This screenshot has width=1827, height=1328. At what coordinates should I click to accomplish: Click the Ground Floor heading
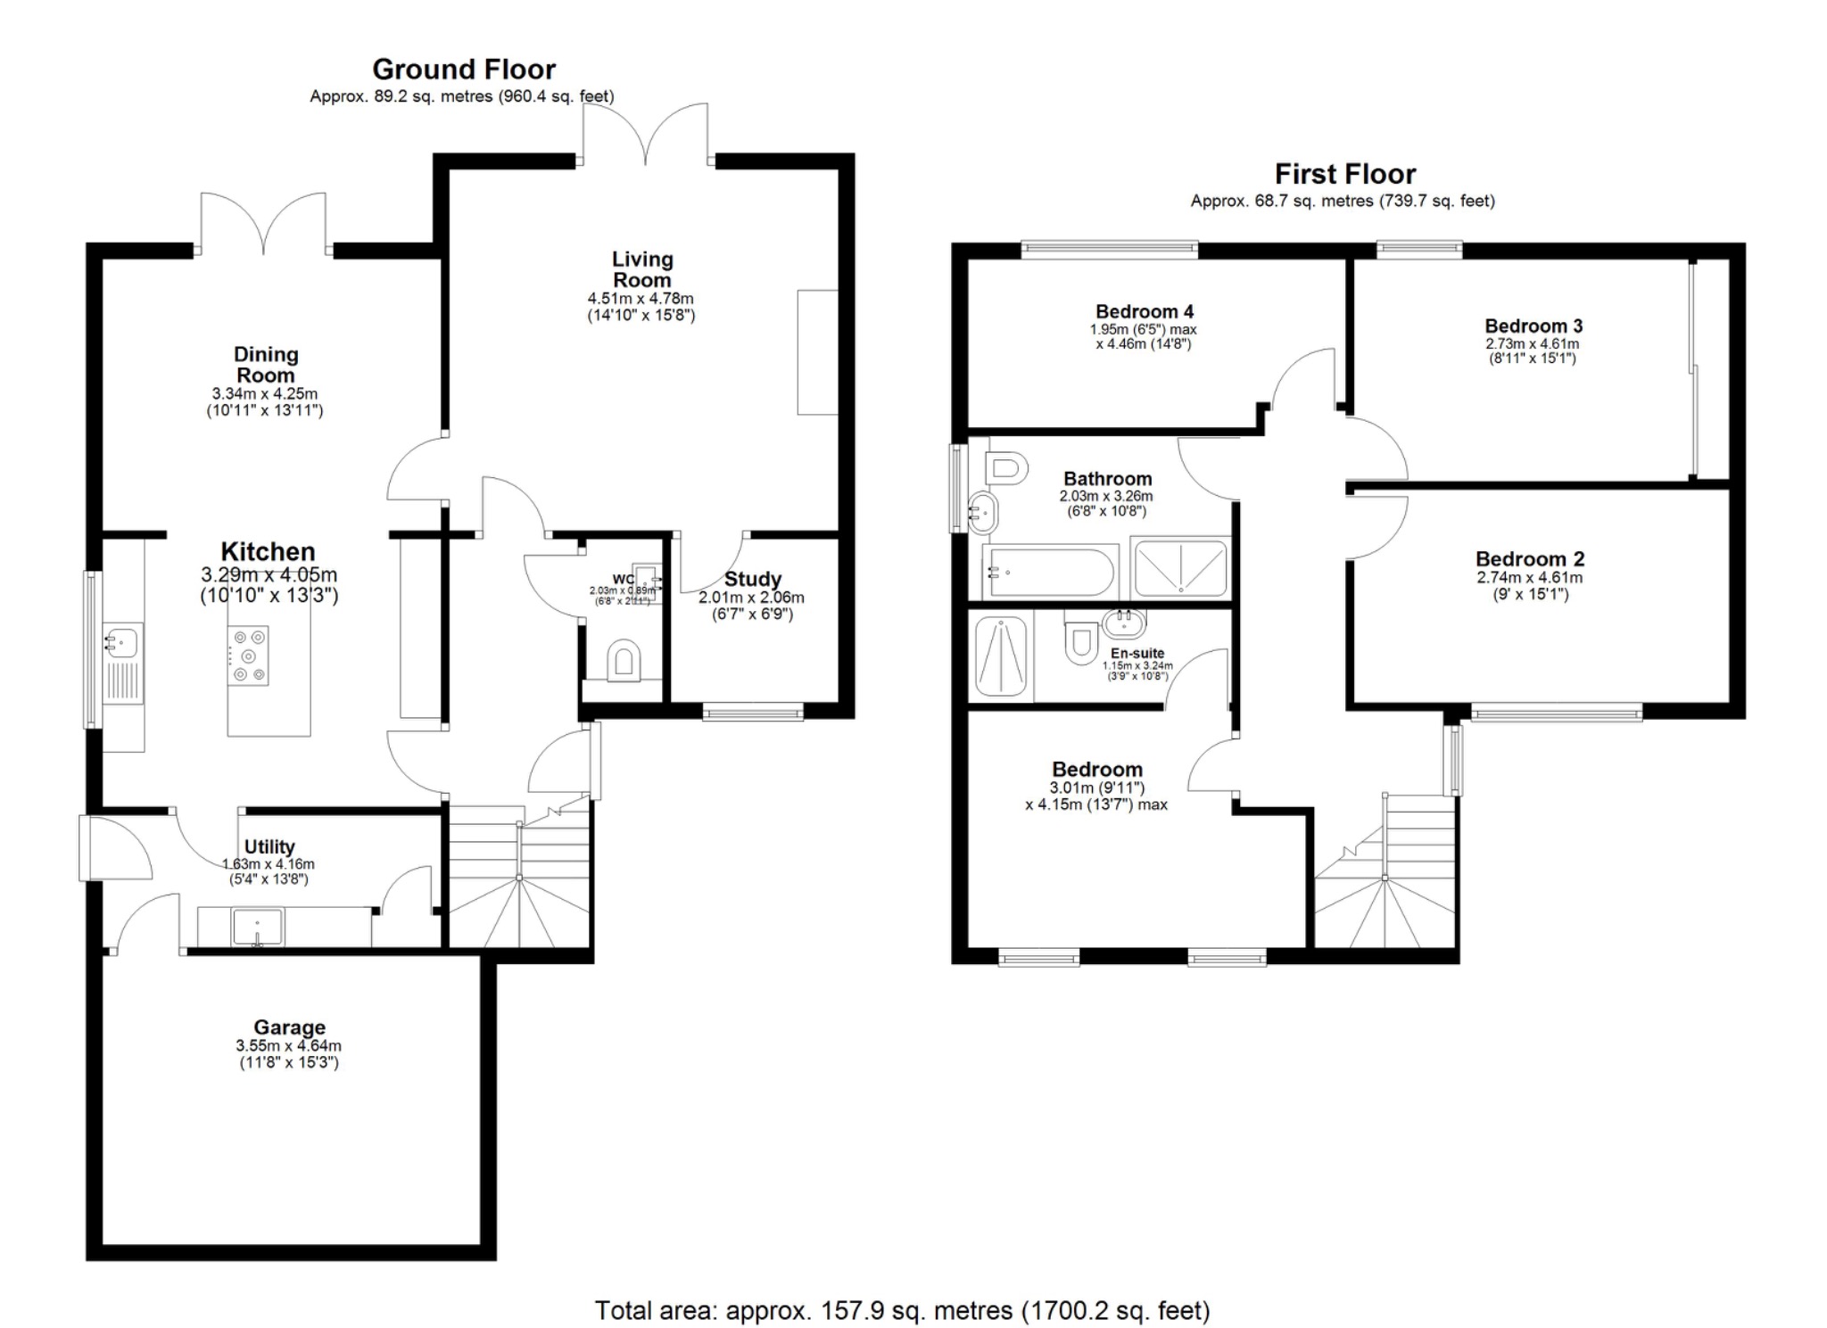tap(463, 70)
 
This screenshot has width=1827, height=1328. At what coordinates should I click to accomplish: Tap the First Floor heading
tap(1344, 174)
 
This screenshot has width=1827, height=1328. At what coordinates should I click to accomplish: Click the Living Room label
tap(641, 269)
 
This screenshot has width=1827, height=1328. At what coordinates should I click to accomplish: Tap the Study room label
tap(752, 580)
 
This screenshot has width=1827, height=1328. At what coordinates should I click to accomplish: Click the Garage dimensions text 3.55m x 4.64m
tap(288, 1046)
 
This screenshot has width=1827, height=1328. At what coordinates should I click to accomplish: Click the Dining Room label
tap(265, 365)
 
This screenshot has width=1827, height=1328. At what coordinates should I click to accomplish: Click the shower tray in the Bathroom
tap(1179, 567)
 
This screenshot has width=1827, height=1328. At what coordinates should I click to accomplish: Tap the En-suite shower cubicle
tap(1001, 656)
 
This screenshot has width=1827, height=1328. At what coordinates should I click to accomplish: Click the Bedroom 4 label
tap(1144, 312)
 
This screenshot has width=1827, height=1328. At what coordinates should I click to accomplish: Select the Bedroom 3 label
tap(1533, 326)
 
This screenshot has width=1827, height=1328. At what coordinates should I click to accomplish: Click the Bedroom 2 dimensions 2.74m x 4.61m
tap(1529, 578)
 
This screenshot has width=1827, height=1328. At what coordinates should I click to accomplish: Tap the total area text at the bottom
tap(902, 1310)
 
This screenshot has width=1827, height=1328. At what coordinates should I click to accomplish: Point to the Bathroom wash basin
tap(982, 512)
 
